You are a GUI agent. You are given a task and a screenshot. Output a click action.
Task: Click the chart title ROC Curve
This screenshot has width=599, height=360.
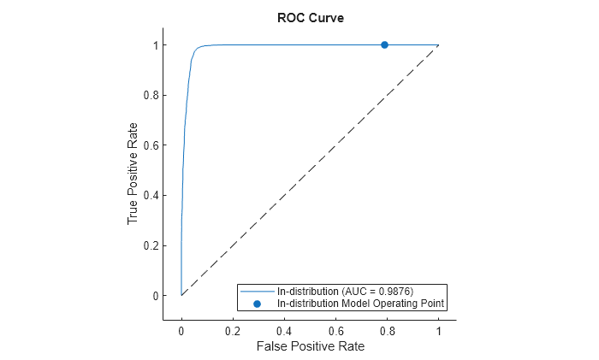coord(310,18)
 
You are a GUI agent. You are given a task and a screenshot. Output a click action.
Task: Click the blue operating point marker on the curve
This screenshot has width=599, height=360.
coord(384,44)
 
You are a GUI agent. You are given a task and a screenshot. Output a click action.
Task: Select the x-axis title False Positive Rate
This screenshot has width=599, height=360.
coord(310,346)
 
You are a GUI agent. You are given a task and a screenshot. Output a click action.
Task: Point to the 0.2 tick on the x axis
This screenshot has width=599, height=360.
coord(233,330)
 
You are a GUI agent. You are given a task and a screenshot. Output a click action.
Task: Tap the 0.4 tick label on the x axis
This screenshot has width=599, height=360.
coord(284,330)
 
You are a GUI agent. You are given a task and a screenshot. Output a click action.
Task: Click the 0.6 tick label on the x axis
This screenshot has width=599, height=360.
coord(335,330)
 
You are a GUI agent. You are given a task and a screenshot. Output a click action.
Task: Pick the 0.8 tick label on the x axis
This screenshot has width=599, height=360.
coord(387,330)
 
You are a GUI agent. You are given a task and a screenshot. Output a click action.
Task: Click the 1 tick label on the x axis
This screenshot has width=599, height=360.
coord(439,330)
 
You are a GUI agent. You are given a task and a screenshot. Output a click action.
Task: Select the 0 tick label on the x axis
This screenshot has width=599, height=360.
coord(181,330)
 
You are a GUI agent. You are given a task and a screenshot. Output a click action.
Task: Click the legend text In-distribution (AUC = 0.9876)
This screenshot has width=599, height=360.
coord(346,292)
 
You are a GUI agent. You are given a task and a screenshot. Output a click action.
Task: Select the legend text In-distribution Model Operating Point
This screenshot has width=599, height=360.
coord(362,304)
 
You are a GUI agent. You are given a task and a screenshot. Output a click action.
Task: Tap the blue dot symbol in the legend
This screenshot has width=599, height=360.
coord(257,304)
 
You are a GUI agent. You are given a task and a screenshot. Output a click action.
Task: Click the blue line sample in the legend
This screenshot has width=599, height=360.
coord(257,292)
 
